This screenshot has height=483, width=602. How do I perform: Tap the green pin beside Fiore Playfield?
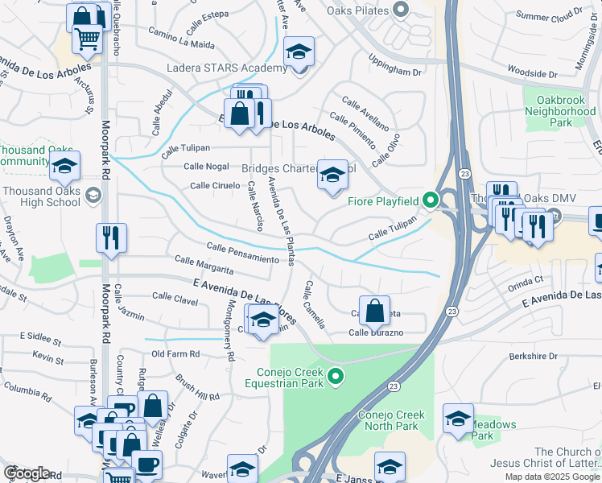tap(431, 200)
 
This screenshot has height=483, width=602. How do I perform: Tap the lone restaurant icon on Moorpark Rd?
tap(110, 238)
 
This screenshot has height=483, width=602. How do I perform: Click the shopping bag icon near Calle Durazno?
tap(374, 310)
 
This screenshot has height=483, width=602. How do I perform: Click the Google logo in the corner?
tap(27, 473)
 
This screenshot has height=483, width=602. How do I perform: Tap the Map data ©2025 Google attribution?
tap(551, 477)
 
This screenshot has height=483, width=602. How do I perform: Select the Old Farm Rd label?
tap(175, 353)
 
